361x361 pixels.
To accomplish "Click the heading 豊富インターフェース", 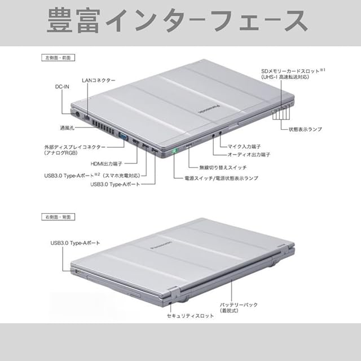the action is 178,21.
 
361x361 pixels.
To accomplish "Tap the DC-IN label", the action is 63,87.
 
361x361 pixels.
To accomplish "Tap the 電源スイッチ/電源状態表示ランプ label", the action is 221,178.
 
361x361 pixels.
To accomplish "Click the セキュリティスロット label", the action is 191,316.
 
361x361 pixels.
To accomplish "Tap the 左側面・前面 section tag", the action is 58,58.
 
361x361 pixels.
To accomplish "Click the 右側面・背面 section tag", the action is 58,216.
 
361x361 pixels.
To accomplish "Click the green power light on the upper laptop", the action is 175,151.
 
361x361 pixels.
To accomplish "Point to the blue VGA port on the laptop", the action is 122,135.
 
